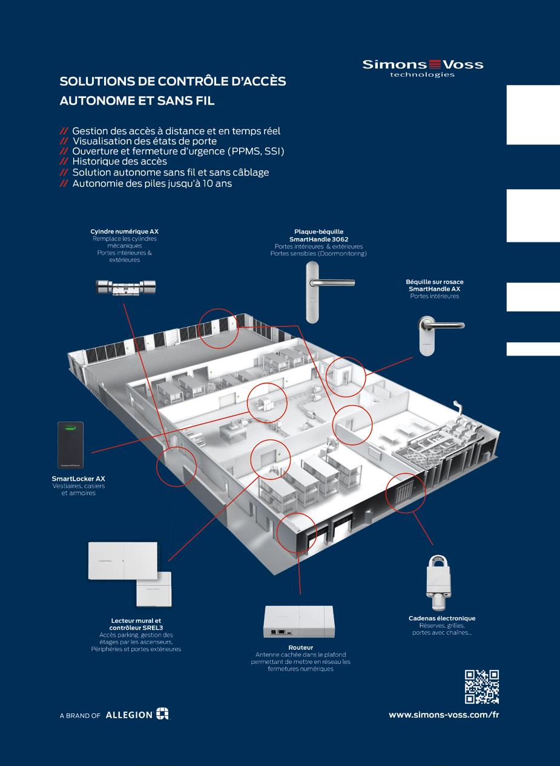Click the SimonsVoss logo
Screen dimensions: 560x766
[423, 67]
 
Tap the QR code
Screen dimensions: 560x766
[481, 686]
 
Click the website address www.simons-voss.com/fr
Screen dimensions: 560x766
[443, 714]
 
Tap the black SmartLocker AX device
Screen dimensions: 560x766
[70, 445]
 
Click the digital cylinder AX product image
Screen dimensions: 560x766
[127, 287]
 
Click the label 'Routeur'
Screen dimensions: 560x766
[300, 648]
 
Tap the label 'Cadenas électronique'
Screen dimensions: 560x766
[442, 618]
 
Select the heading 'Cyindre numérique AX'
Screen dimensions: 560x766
[124, 232]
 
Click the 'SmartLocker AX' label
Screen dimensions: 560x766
[79, 478]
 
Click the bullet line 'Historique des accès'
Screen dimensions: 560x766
[119, 161]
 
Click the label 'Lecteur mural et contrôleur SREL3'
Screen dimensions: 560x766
[136, 624]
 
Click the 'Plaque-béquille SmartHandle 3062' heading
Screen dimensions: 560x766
[318, 235]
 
